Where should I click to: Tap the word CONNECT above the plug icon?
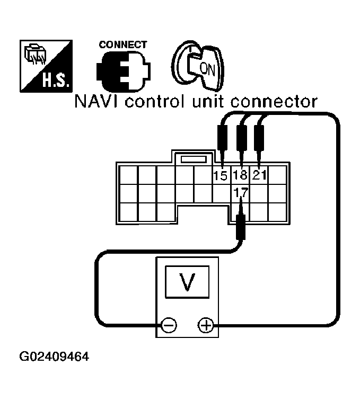[122, 45]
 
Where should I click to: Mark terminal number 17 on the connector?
[240, 194]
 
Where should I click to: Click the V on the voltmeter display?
[186, 284]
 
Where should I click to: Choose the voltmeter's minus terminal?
[169, 325]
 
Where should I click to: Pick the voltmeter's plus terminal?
[205, 325]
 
